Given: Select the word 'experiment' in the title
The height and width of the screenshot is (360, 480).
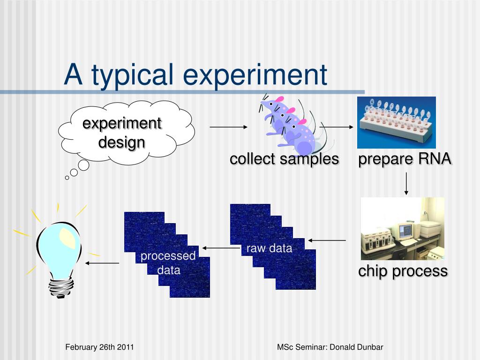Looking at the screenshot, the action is pyautogui.click(x=255, y=75).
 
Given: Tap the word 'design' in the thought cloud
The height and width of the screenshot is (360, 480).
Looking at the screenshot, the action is pyautogui.click(x=121, y=143).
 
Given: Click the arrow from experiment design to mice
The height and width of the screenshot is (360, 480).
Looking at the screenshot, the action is pyautogui.click(x=229, y=127).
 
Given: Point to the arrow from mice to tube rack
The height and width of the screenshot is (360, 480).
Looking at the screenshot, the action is pyautogui.click(x=337, y=127).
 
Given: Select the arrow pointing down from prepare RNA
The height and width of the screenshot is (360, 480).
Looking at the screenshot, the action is pyautogui.click(x=406, y=184).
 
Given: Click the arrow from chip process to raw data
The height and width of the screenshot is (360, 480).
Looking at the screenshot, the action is pyautogui.click(x=327, y=240).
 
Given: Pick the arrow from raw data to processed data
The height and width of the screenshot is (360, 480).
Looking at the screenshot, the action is pyautogui.click(x=221, y=248).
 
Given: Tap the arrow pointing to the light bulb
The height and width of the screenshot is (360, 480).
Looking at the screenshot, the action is pyautogui.click(x=102, y=263).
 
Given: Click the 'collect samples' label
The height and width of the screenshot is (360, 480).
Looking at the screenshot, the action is pyautogui.click(x=285, y=159).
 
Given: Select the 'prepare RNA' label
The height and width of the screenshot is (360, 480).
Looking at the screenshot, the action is pyautogui.click(x=405, y=159).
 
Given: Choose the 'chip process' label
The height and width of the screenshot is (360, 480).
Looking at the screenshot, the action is pyautogui.click(x=403, y=271).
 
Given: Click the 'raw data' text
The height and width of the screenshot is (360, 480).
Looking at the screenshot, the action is pyautogui.click(x=269, y=248).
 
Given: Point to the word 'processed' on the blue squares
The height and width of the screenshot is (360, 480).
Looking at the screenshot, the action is pyautogui.click(x=168, y=256).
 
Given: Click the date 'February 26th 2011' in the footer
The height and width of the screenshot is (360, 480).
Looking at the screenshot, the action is pyautogui.click(x=99, y=347).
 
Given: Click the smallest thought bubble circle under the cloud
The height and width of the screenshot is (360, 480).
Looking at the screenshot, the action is pyautogui.click(x=67, y=178).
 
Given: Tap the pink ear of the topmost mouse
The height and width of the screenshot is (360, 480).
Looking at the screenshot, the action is pyautogui.click(x=279, y=99).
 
